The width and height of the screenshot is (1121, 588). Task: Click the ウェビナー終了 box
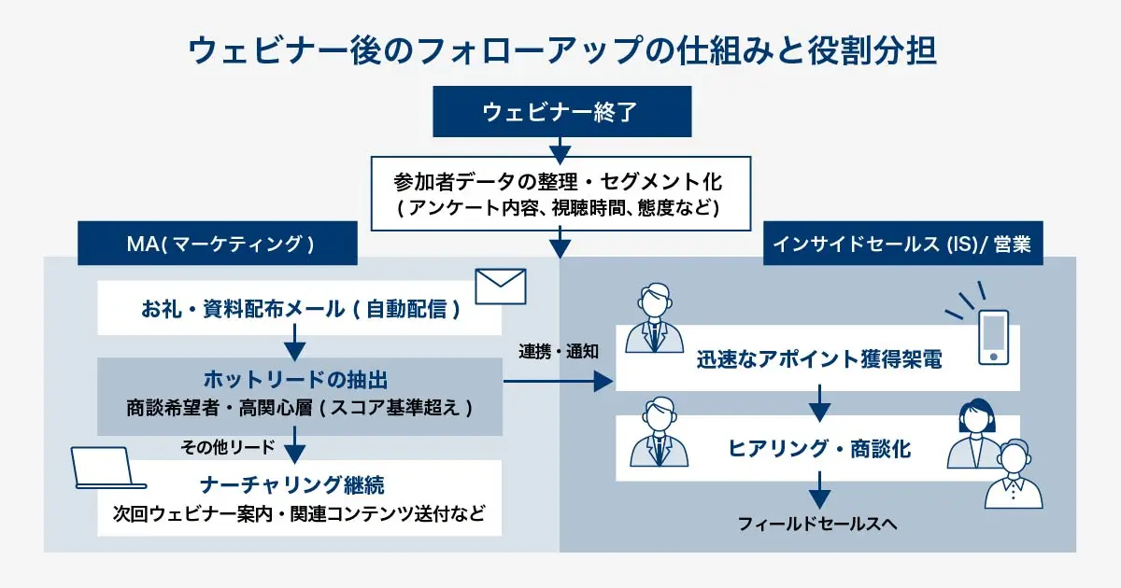pyautogui.click(x=560, y=112)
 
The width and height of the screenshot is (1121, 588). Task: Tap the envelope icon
pyautogui.click(x=501, y=287)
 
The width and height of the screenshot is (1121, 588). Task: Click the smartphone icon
pyautogui.click(x=993, y=337)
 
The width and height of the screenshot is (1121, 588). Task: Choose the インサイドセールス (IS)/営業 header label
pyautogui.click(x=902, y=244)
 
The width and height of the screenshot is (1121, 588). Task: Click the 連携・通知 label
pyautogui.click(x=559, y=352)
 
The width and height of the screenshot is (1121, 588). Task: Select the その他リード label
pyautogui.click(x=228, y=447)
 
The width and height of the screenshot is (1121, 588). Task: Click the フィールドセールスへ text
pyautogui.click(x=817, y=524)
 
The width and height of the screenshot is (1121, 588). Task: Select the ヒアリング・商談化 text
pyautogui.click(x=819, y=449)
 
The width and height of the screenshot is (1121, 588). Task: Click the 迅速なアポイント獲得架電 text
pyautogui.click(x=818, y=359)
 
